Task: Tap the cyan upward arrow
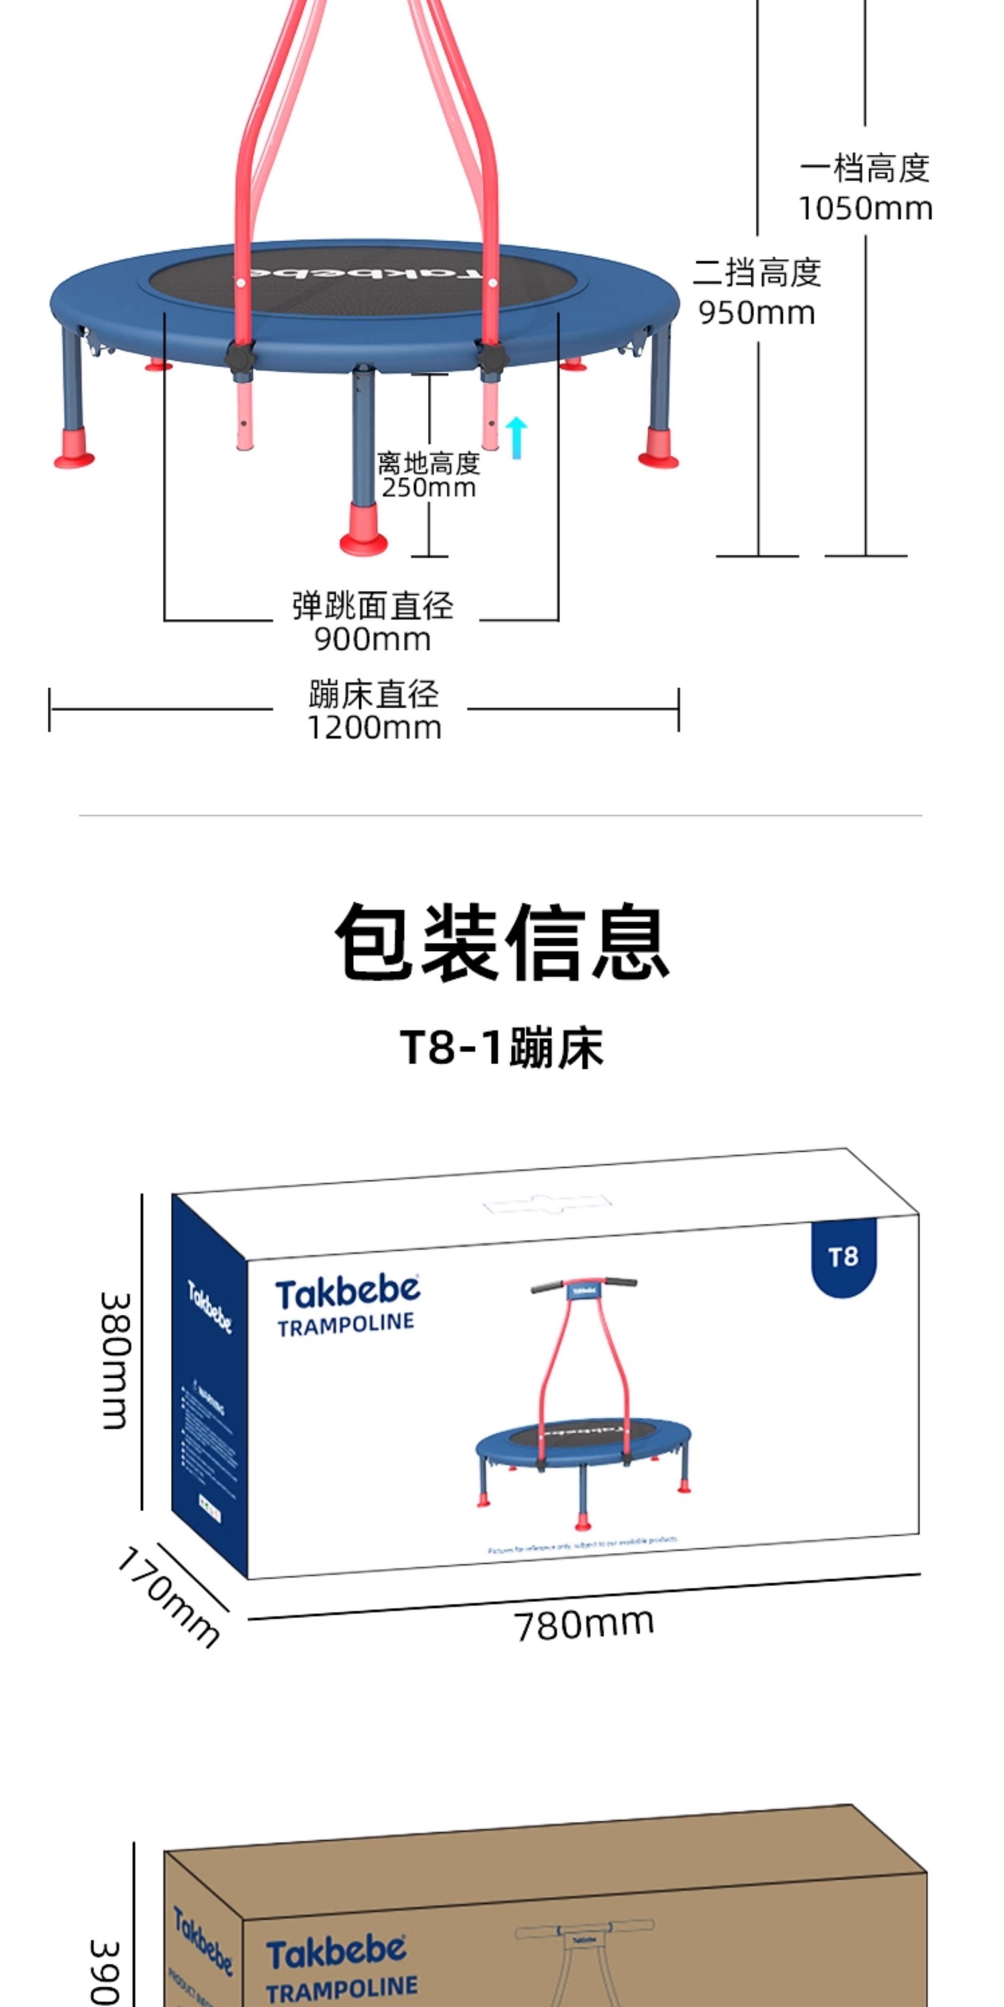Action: click(x=516, y=436)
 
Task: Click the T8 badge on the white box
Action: click(x=843, y=1256)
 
